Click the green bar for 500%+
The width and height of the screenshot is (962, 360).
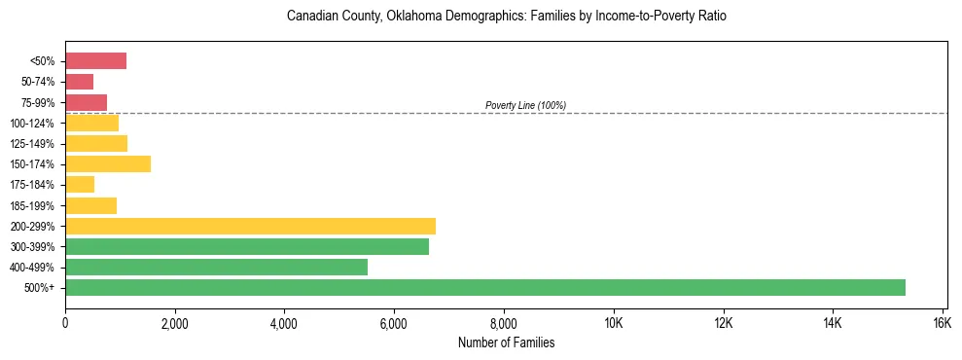485,287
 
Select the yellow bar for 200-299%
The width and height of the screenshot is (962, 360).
250,226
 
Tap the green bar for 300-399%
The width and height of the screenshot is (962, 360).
247,246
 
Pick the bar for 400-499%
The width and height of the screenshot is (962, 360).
216,267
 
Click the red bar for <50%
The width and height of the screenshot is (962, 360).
95,61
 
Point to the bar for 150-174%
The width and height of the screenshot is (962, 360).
108,163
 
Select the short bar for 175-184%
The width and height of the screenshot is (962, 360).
80,184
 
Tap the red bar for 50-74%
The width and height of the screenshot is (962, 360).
79,82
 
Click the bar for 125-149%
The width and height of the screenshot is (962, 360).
96,143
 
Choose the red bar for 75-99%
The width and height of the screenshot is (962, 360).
86,102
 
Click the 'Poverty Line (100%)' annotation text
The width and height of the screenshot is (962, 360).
525,105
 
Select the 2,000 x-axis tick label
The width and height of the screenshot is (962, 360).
175,323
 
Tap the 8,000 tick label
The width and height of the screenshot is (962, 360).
504,323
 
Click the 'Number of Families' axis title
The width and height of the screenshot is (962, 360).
506,342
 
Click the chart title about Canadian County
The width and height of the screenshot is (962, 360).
506,17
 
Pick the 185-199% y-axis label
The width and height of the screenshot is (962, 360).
36,205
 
